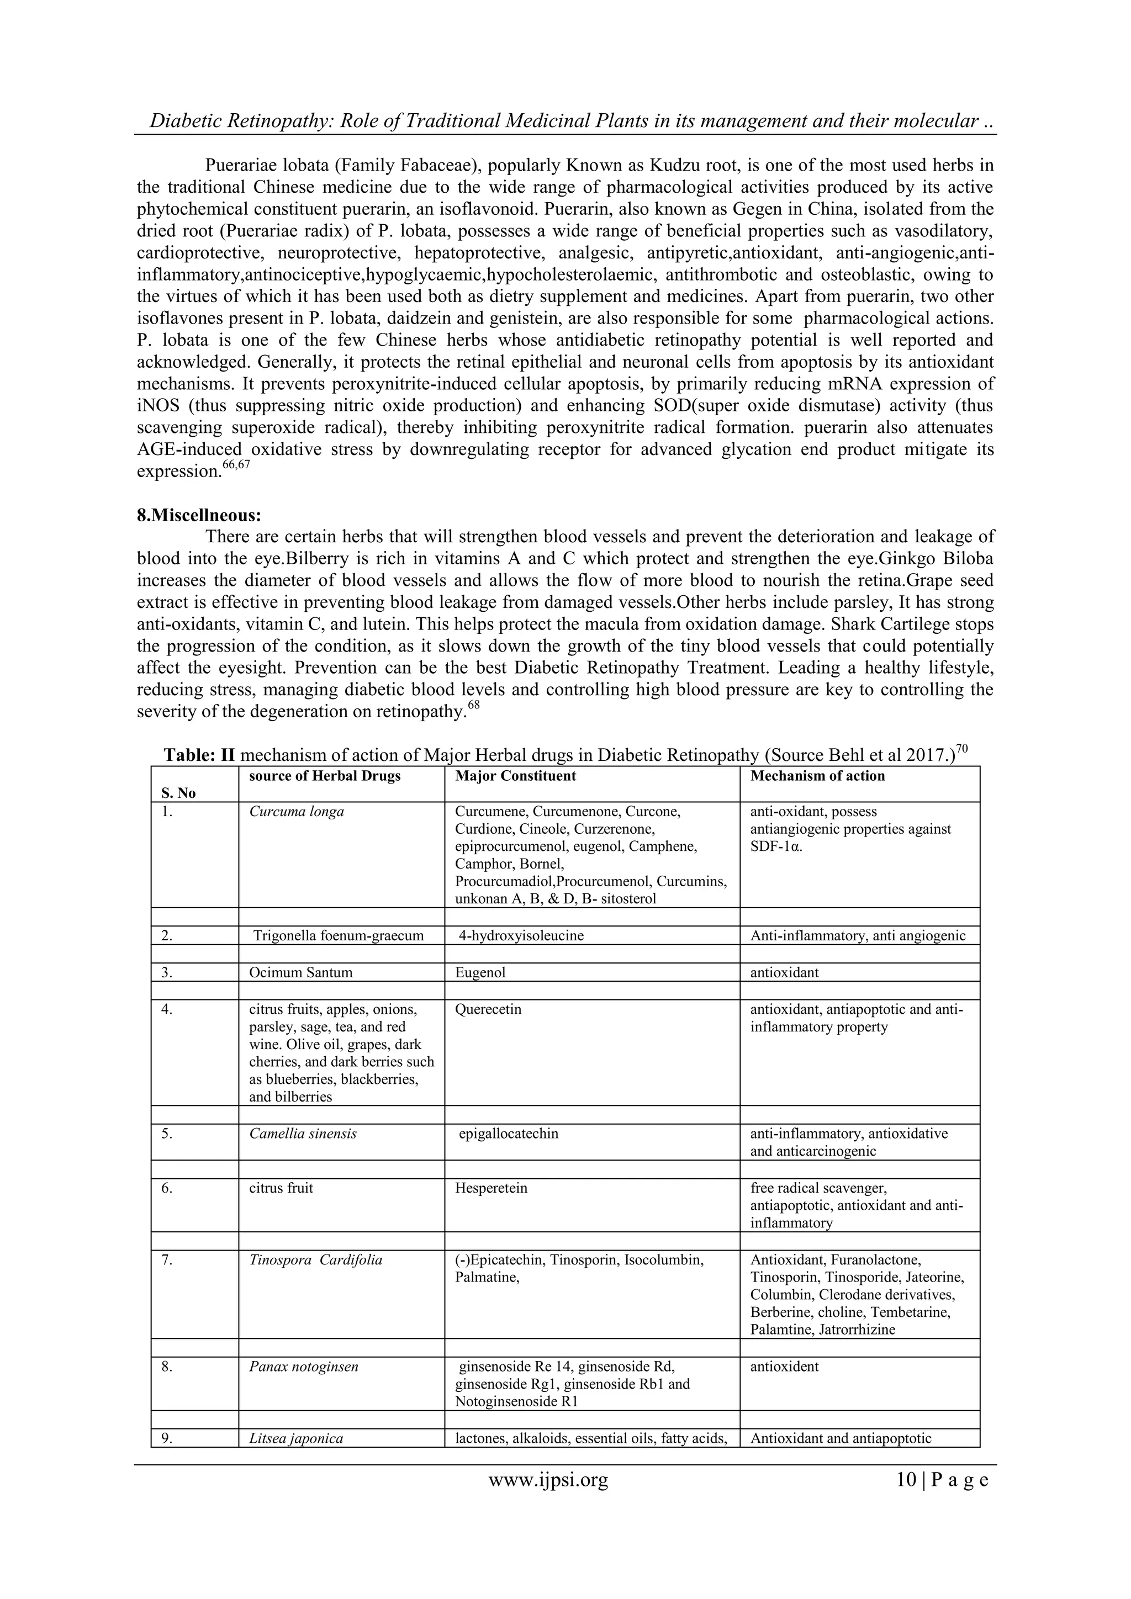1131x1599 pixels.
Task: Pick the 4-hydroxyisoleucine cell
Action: tap(520, 935)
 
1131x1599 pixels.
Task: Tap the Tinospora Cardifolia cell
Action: tap(315, 1259)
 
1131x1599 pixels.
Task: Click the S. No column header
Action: tap(178, 792)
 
